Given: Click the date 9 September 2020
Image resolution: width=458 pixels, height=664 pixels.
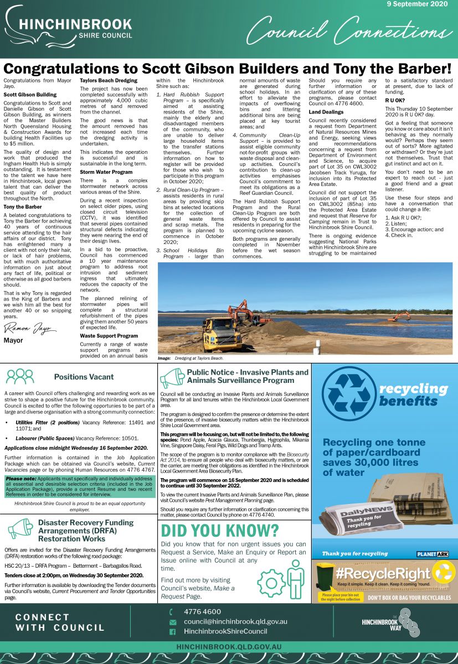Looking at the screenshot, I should pos(416,4).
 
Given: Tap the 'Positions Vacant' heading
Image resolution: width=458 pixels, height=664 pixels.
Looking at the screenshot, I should pos(84,377).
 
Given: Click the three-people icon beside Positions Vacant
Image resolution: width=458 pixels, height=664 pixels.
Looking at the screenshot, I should pos(20,376).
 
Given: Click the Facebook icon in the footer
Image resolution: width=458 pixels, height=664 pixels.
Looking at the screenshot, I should pos(172,631).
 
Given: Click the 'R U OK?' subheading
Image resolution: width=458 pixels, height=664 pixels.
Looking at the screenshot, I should pos(395,100).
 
